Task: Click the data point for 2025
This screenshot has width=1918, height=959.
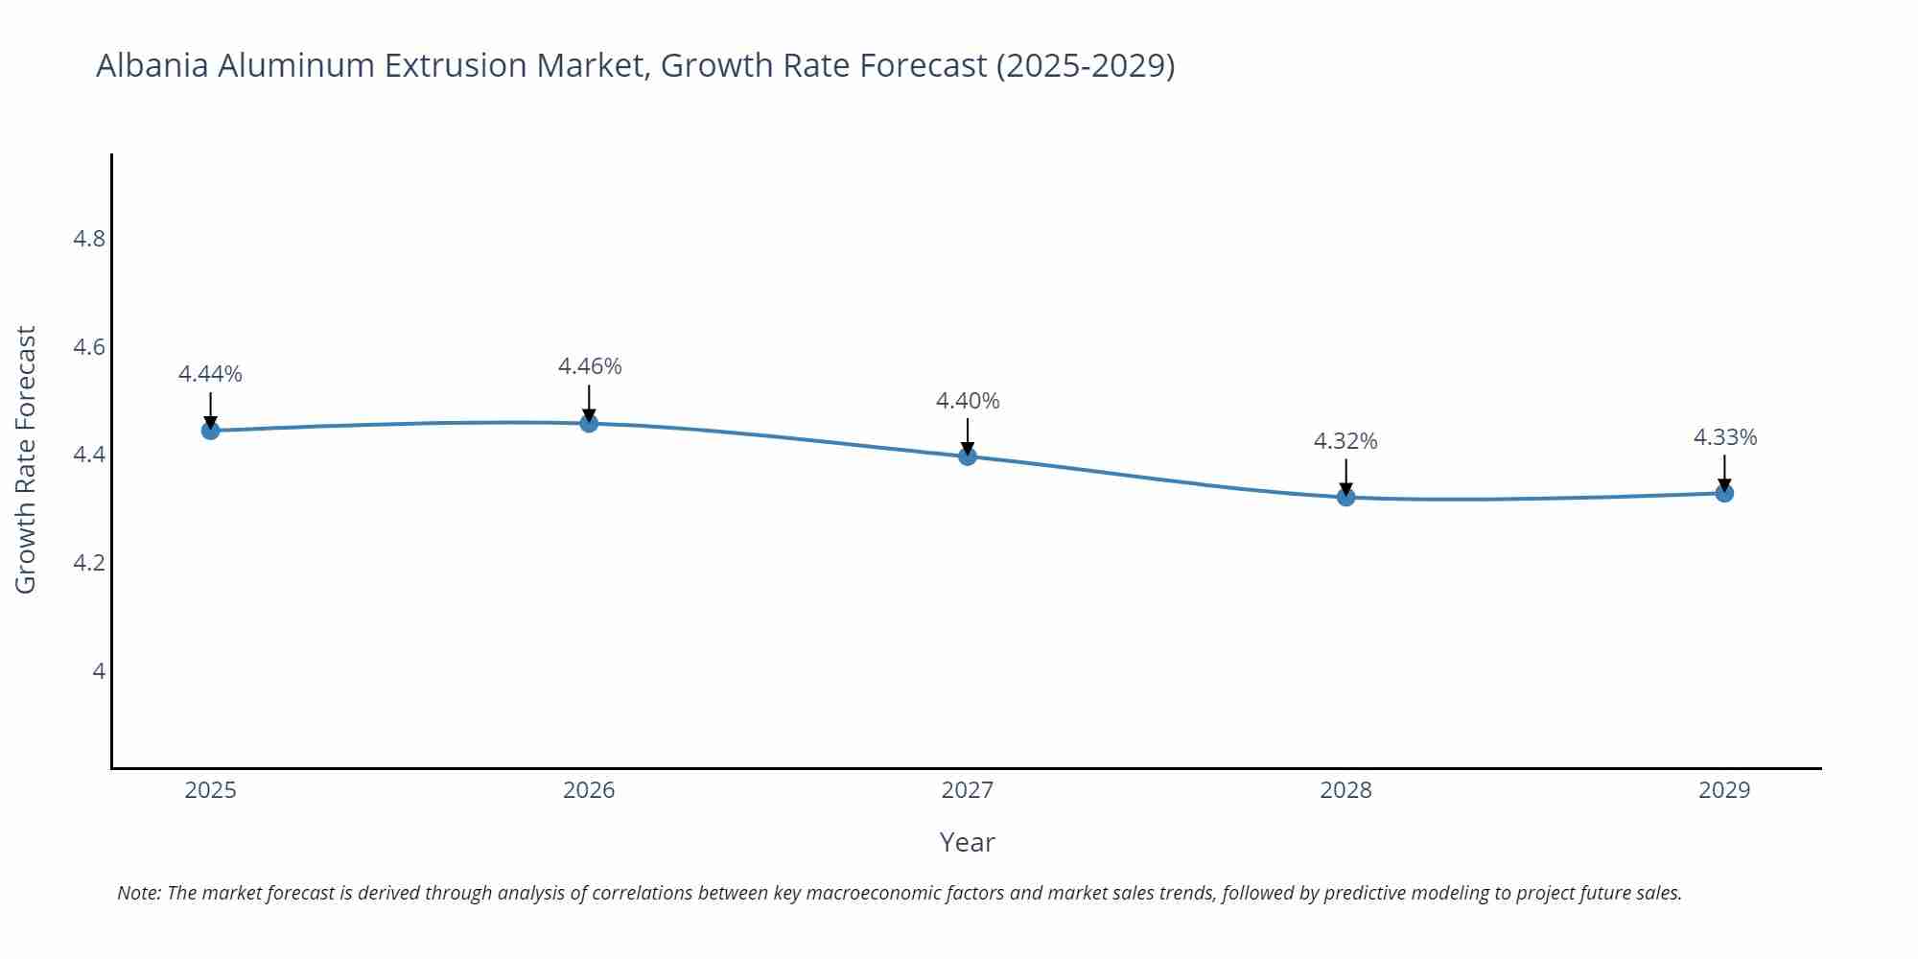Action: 211,431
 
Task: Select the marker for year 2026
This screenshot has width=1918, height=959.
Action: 589,423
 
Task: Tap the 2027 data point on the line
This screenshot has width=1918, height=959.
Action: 968,456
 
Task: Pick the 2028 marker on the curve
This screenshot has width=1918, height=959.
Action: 1345,497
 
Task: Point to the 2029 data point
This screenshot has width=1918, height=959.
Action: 1724,493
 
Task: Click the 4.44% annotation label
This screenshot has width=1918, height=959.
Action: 210,374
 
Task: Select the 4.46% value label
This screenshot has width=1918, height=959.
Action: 590,366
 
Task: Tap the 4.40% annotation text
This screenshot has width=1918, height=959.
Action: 968,401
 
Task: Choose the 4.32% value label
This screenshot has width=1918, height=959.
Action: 1345,441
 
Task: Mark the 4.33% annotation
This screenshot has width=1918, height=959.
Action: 1725,437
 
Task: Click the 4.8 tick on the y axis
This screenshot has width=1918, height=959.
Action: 89,239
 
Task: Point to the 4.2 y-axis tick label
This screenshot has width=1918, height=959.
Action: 89,563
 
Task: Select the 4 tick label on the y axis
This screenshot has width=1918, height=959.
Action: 99,671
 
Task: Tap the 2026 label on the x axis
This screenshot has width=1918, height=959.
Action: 589,790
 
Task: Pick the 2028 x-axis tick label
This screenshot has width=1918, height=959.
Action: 1345,790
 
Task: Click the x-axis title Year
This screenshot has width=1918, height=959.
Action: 967,842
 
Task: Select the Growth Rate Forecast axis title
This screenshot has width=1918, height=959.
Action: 26,459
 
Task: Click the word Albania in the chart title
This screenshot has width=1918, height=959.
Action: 152,65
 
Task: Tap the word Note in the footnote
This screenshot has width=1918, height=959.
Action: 138,893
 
